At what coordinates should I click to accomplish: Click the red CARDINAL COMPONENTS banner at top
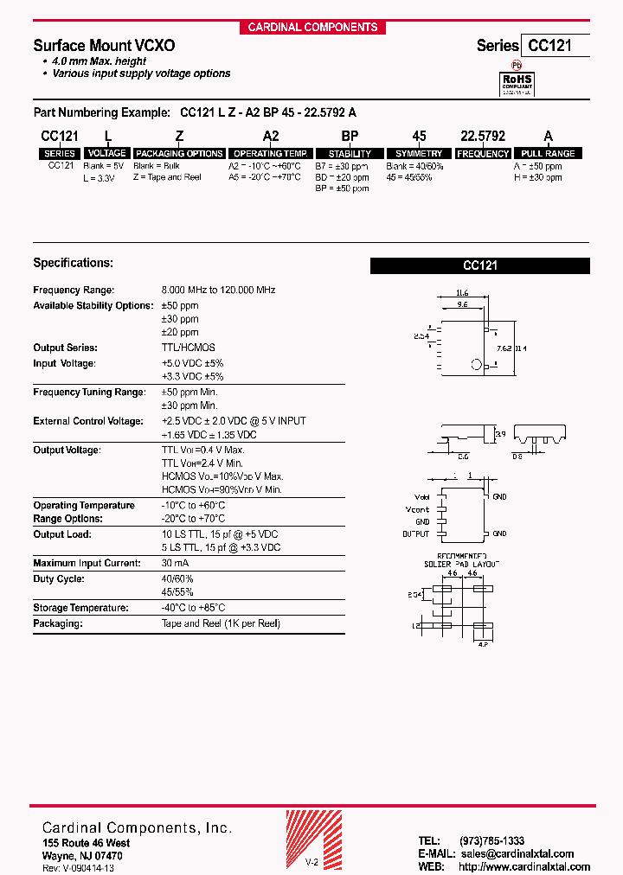(312, 27)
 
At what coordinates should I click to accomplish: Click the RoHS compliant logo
(519, 82)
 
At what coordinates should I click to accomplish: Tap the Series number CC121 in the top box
(555, 46)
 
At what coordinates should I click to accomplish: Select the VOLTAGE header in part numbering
(106, 153)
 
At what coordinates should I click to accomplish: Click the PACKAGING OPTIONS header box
(179, 153)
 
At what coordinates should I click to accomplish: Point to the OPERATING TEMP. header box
(271, 153)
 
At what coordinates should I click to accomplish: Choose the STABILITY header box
(350, 153)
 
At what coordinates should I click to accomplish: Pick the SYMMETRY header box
(419, 153)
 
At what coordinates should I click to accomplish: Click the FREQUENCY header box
(483, 153)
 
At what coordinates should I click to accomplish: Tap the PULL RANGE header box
(549, 153)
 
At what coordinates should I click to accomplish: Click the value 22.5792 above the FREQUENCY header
(483, 137)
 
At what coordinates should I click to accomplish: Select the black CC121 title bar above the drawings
(479, 266)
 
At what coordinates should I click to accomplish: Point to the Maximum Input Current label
(86, 563)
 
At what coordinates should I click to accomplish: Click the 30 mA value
(175, 563)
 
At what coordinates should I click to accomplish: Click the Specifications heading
(73, 263)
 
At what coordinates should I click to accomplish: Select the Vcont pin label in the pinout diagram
(417, 509)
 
